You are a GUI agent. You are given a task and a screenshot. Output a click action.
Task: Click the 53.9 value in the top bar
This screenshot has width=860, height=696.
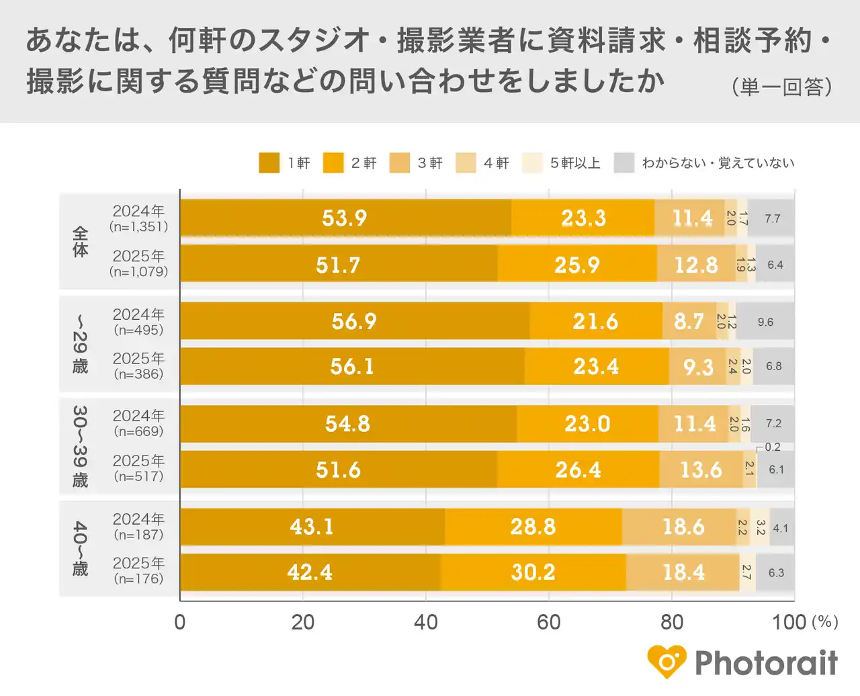click(344, 218)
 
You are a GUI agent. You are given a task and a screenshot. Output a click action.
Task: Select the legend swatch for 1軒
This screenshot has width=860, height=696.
click(269, 163)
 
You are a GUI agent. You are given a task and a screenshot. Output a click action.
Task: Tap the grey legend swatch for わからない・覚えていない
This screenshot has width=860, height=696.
click(623, 163)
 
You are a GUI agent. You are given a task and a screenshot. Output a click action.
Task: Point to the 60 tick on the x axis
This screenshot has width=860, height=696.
click(548, 622)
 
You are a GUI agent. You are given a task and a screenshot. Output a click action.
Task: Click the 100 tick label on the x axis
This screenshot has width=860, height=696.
click(789, 622)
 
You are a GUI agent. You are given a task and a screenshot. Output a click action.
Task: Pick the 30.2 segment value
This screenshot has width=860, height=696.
click(533, 572)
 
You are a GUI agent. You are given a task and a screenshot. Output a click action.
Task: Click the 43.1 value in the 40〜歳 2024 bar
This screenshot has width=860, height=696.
click(312, 527)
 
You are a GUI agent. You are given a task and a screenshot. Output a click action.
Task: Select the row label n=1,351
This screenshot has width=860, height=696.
click(138, 227)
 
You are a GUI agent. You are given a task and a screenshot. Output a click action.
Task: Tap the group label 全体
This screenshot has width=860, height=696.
click(80, 242)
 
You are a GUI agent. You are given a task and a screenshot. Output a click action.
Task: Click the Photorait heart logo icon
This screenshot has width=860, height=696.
click(666, 662)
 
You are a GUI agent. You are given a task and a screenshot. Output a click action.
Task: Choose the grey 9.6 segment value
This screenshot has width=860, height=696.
click(765, 322)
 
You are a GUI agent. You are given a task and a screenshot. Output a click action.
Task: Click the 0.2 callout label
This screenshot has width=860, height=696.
click(772, 447)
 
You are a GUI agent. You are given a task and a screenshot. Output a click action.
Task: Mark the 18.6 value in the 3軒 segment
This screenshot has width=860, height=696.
click(683, 527)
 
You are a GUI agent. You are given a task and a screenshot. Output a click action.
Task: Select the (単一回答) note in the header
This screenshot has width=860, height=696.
click(782, 87)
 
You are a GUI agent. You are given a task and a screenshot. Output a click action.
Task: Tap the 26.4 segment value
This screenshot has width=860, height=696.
click(578, 470)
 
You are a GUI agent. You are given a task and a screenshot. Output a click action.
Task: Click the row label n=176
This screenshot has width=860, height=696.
click(138, 579)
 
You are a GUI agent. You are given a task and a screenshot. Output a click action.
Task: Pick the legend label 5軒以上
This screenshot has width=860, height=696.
click(575, 163)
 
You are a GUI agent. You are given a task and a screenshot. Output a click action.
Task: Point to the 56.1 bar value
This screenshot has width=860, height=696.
click(352, 367)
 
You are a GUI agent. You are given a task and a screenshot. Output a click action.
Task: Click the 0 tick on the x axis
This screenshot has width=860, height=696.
click(180, 622)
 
